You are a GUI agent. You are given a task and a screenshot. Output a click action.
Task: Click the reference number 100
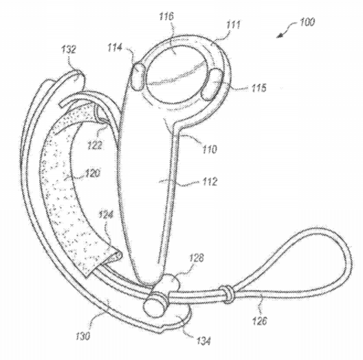coord(307,22)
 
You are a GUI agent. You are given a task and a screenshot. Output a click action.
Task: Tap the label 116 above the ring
coord(166,16)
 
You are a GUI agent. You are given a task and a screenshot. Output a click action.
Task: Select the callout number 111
coord(233,25)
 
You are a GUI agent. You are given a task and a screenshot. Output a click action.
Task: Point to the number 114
coord(115,47)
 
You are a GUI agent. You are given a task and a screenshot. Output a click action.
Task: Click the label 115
coord(258,88)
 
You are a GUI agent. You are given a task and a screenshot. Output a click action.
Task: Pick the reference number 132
coord(69,49)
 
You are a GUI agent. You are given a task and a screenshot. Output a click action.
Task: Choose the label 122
coord(95,145)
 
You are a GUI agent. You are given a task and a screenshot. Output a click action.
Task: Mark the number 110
coord(210,149)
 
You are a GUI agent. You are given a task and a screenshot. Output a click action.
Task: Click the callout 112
coord(210,182)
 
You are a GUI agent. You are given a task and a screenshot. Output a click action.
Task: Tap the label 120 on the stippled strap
coord(93,173)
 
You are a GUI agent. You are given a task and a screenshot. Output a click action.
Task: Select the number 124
coord(106,215)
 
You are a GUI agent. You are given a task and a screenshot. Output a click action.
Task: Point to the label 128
coord(197,258)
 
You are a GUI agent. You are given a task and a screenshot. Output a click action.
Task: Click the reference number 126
coord(259,321)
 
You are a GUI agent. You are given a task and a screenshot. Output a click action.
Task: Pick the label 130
coord(82,336)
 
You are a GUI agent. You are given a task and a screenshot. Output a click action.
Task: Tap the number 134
coord(203,341)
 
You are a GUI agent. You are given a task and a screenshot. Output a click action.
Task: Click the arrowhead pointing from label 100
coord(279,36)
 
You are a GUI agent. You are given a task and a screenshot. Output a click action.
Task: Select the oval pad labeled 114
coord(138,76)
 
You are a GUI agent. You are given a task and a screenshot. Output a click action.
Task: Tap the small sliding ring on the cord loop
coord(226,294)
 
